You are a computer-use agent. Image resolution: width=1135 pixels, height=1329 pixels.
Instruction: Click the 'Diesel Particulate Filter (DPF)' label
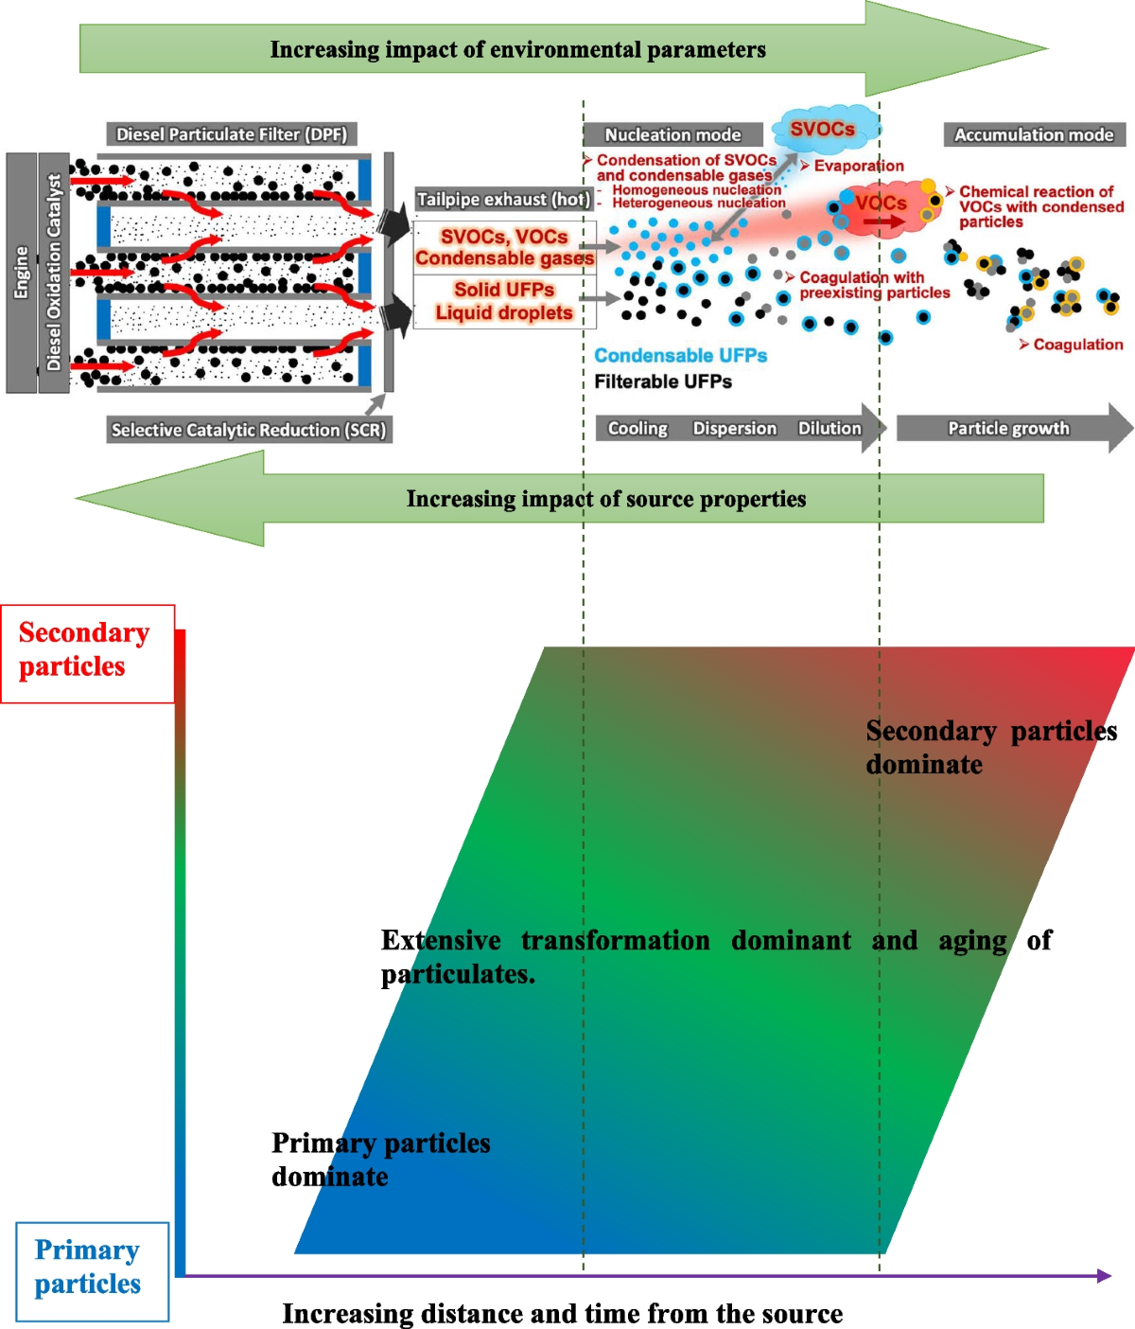(x=232, y=134)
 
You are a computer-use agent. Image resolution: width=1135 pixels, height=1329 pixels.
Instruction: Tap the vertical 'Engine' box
(x=21, y=273)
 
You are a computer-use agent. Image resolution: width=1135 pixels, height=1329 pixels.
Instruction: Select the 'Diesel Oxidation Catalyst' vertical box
(x=54, y=273)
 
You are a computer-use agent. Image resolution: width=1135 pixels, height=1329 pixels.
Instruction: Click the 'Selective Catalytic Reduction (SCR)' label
(x=248, y=430)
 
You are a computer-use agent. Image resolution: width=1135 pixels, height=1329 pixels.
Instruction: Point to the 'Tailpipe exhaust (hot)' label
(x=503, y=200)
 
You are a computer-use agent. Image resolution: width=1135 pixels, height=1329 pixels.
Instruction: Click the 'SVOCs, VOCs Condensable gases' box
(x=504, y=248)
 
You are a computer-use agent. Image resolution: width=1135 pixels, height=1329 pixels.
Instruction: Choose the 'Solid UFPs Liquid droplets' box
(x=504, y=301)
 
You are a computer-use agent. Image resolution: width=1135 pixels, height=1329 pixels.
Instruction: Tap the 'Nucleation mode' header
(x=672, y=135)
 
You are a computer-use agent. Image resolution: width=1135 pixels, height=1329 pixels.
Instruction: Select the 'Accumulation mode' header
(x=1034, y=135)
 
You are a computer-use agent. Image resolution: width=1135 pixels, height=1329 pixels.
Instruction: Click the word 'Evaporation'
(x=858, y=166)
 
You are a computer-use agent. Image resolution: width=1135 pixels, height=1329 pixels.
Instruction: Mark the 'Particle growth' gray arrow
(x=1008, y=429)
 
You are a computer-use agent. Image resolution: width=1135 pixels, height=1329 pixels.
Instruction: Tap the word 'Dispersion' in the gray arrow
(x=734, y=429)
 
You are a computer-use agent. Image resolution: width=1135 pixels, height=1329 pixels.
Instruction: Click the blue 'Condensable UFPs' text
(x=680, y=356)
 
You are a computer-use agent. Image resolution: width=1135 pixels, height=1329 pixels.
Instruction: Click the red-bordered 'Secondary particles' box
(x=87, y=653)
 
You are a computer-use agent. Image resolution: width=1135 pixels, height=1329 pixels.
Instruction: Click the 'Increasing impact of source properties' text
(x=605, y=499)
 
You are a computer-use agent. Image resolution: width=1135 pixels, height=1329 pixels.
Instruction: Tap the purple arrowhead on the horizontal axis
(x=1104, y=1276)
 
